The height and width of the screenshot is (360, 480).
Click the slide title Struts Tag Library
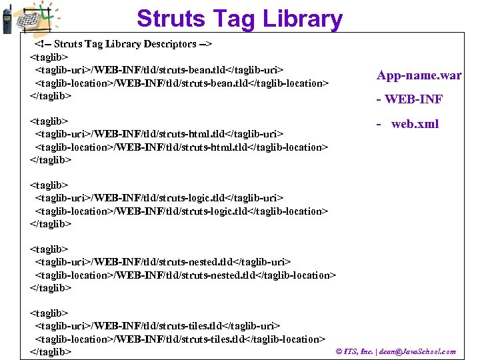[x=239, y=18]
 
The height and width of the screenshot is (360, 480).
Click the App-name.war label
[x=419, y=75]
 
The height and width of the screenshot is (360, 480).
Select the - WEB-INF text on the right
[x=409, y=100]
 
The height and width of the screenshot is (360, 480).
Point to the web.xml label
[x=414, y=124]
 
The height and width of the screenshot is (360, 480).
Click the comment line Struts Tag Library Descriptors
[x=123, y=44]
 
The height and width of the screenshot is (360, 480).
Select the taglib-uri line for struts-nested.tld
[x=163, y=262]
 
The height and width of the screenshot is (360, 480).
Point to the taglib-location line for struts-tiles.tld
[x=180, y=339]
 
